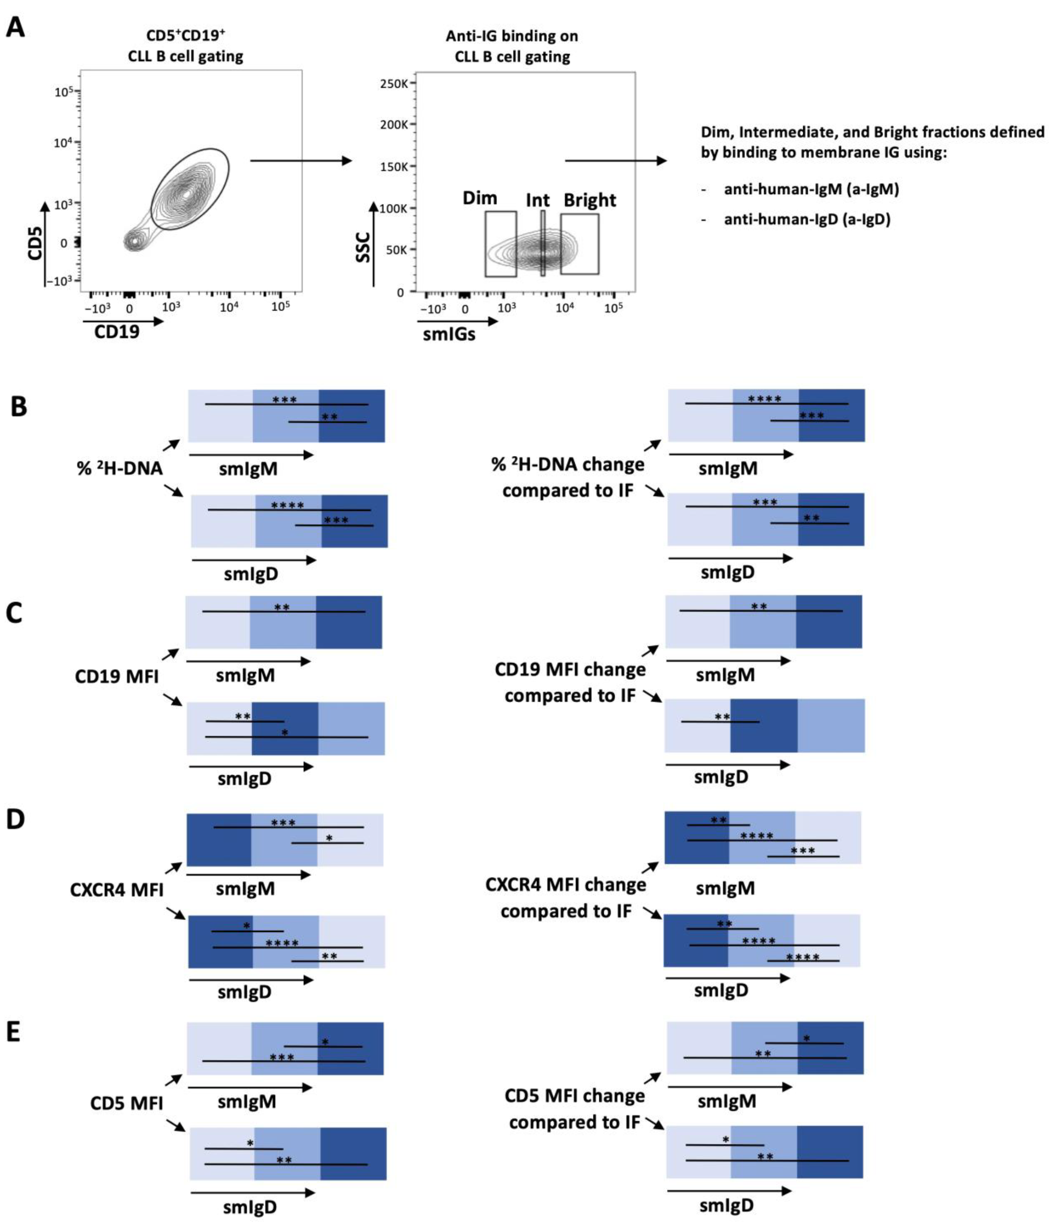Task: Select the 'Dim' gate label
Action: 479,198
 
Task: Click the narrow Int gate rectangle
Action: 542,243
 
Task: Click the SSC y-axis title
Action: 363,248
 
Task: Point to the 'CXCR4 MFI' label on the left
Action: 116,889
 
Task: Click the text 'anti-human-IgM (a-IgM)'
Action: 811,189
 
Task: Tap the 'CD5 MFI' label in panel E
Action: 126,1103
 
